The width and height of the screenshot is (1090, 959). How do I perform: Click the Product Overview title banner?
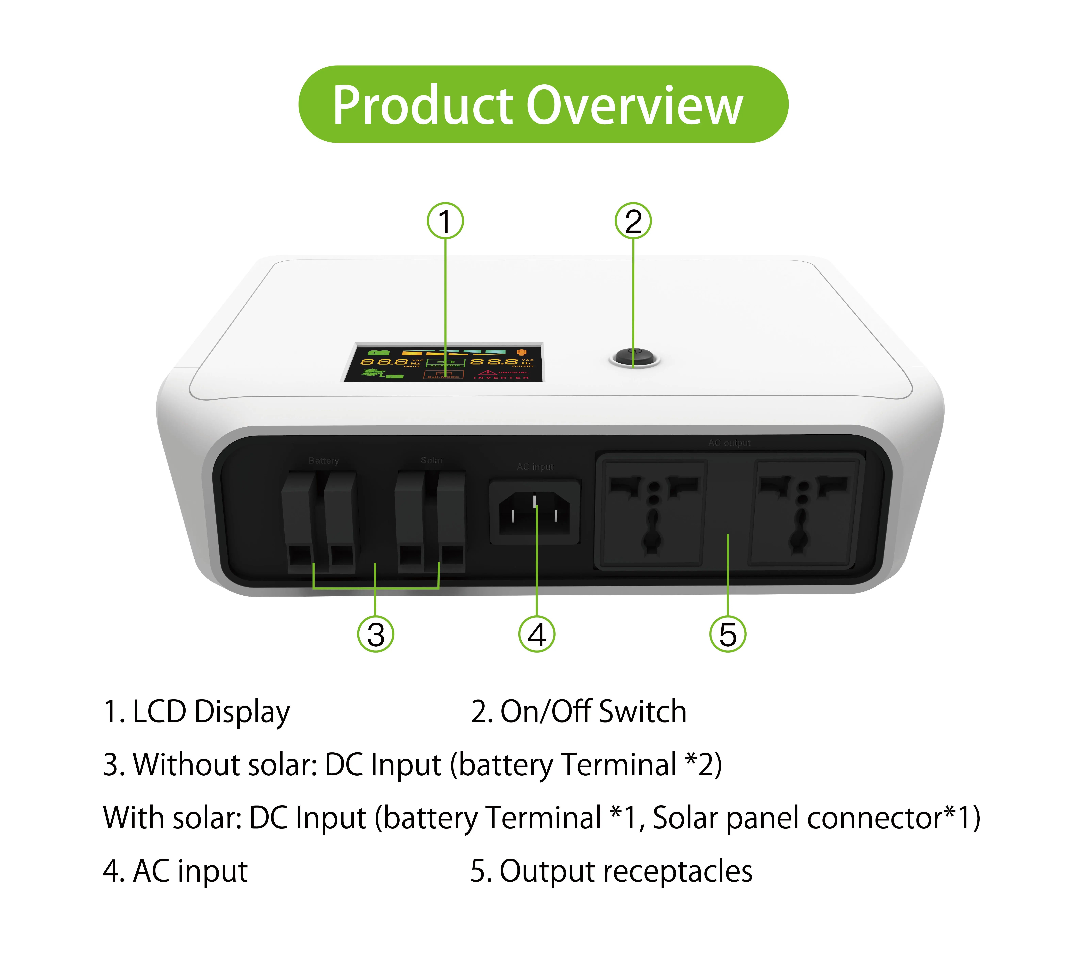coord(543,104)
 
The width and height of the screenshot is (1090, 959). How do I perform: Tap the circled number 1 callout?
coord(445,221)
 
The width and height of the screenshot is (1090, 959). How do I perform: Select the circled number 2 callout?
coord(633,221)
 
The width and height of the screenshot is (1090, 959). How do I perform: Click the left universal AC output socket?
coord(652,512)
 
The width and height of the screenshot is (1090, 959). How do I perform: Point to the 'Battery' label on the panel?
coord(323,460)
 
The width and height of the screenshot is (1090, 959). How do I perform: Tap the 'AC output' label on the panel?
coord(729,443)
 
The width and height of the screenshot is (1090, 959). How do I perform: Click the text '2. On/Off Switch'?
coord(579,712)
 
